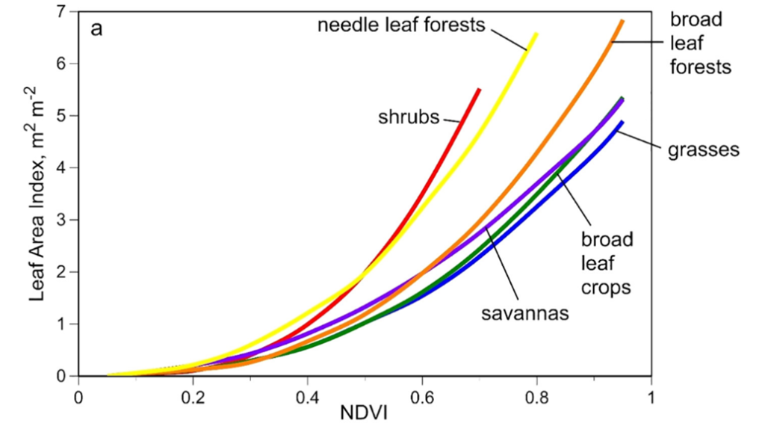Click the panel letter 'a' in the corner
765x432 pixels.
pos(97,30)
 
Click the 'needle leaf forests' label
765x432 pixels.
pos(402,25)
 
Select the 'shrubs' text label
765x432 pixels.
pos(408,117)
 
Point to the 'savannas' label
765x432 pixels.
pos(525,312)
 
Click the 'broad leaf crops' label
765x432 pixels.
pos(607,264)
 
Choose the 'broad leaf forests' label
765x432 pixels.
pos(700,43)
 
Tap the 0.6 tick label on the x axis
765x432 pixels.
pos(422,396)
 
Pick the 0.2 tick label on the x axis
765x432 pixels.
pos(193,396)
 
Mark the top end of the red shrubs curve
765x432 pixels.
pos(479,89)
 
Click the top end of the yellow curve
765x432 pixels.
pos(536,34)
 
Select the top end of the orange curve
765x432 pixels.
pos(622,21)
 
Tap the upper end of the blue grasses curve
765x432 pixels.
pos(621,123)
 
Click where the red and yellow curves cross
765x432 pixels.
pos(364,277)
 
